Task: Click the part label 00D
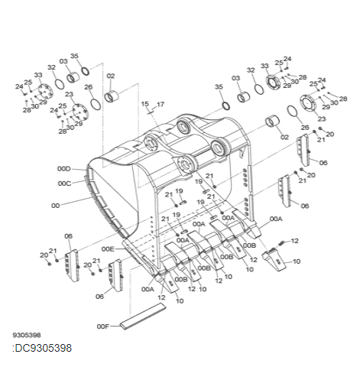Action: (63, 168)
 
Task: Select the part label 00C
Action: (63, 183)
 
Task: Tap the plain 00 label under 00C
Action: (55, 206)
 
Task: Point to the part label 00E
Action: (107, 249)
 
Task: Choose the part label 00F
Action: (104, 326)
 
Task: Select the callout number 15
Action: (144, 103)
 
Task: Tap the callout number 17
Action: (161, 103)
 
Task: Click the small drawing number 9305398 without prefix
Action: (27, 335)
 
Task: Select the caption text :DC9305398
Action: (43, 349)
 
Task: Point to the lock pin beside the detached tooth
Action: (281, 242)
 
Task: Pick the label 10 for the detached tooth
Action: (297, 261)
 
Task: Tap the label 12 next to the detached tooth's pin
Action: (295, 241)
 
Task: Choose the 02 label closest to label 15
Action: (111, 76)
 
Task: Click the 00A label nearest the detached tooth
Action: (276, 219)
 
